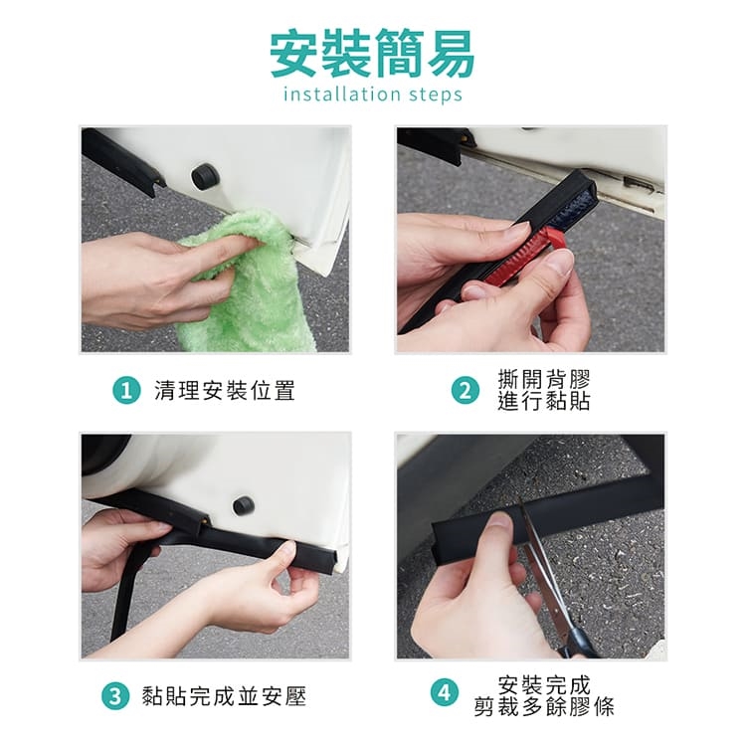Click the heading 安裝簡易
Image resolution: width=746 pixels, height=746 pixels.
coord(373,53)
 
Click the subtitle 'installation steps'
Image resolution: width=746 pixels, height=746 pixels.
coord(373,93)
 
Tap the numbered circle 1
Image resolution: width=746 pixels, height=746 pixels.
coord(126,391)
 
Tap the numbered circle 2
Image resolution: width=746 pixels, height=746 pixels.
coord(466,391)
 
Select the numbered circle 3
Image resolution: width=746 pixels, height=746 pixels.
coord(115,697)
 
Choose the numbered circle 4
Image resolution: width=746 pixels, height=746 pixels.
coord(445,692)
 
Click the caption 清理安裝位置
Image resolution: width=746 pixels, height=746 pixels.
coord(225,391)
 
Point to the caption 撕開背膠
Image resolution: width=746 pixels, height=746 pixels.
coord(544,379)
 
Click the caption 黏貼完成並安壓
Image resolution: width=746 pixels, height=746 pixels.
coord(224,697)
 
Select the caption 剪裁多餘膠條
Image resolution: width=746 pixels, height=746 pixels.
coord(544,707)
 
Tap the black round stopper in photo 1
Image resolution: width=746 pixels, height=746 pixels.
coord(206,176)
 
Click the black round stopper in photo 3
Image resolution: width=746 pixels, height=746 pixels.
coord(244,505)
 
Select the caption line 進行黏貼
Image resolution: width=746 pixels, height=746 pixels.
coord(544,401)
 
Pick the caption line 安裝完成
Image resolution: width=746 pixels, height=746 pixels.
coord(544,685)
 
